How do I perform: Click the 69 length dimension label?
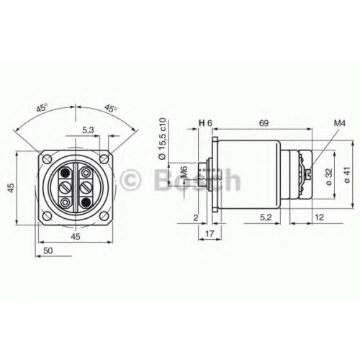tap(264, 123)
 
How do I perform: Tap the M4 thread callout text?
tap(340, 124)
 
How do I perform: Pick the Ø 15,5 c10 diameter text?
tap(163, 139)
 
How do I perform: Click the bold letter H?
tap(202, 123)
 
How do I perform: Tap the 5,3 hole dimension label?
tap(89, 130)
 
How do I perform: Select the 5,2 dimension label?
tap(266, 217)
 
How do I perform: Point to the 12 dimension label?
tap(319, 217)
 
